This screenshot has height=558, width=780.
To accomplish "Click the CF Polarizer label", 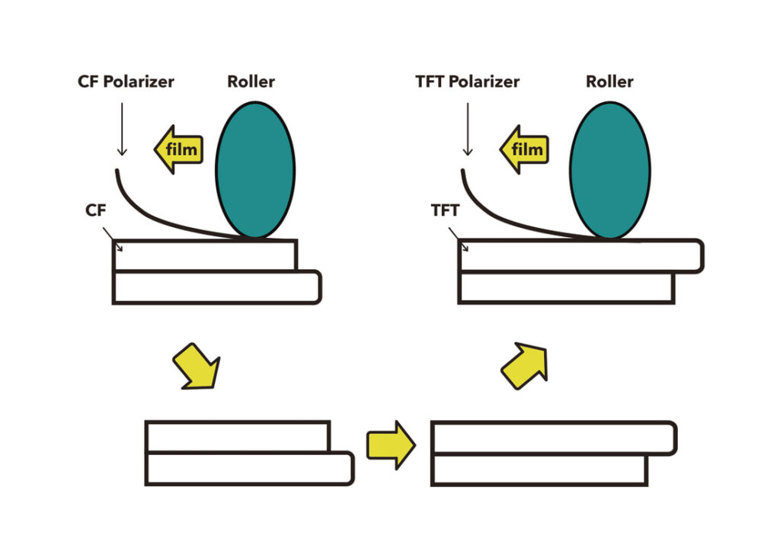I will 126,82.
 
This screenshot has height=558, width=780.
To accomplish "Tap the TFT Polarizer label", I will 468,82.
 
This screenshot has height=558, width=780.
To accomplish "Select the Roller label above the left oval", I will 251,82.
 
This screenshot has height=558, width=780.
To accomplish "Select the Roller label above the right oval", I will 609,82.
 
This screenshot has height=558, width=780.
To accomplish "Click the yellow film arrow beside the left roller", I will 177,149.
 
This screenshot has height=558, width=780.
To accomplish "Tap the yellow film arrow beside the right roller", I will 523,149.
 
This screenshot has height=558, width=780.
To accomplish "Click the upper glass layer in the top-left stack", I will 204,255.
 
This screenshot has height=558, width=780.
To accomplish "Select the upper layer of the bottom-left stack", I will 237,436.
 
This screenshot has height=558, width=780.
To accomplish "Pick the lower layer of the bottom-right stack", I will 539,470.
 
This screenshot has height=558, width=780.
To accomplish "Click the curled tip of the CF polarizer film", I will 117,175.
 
